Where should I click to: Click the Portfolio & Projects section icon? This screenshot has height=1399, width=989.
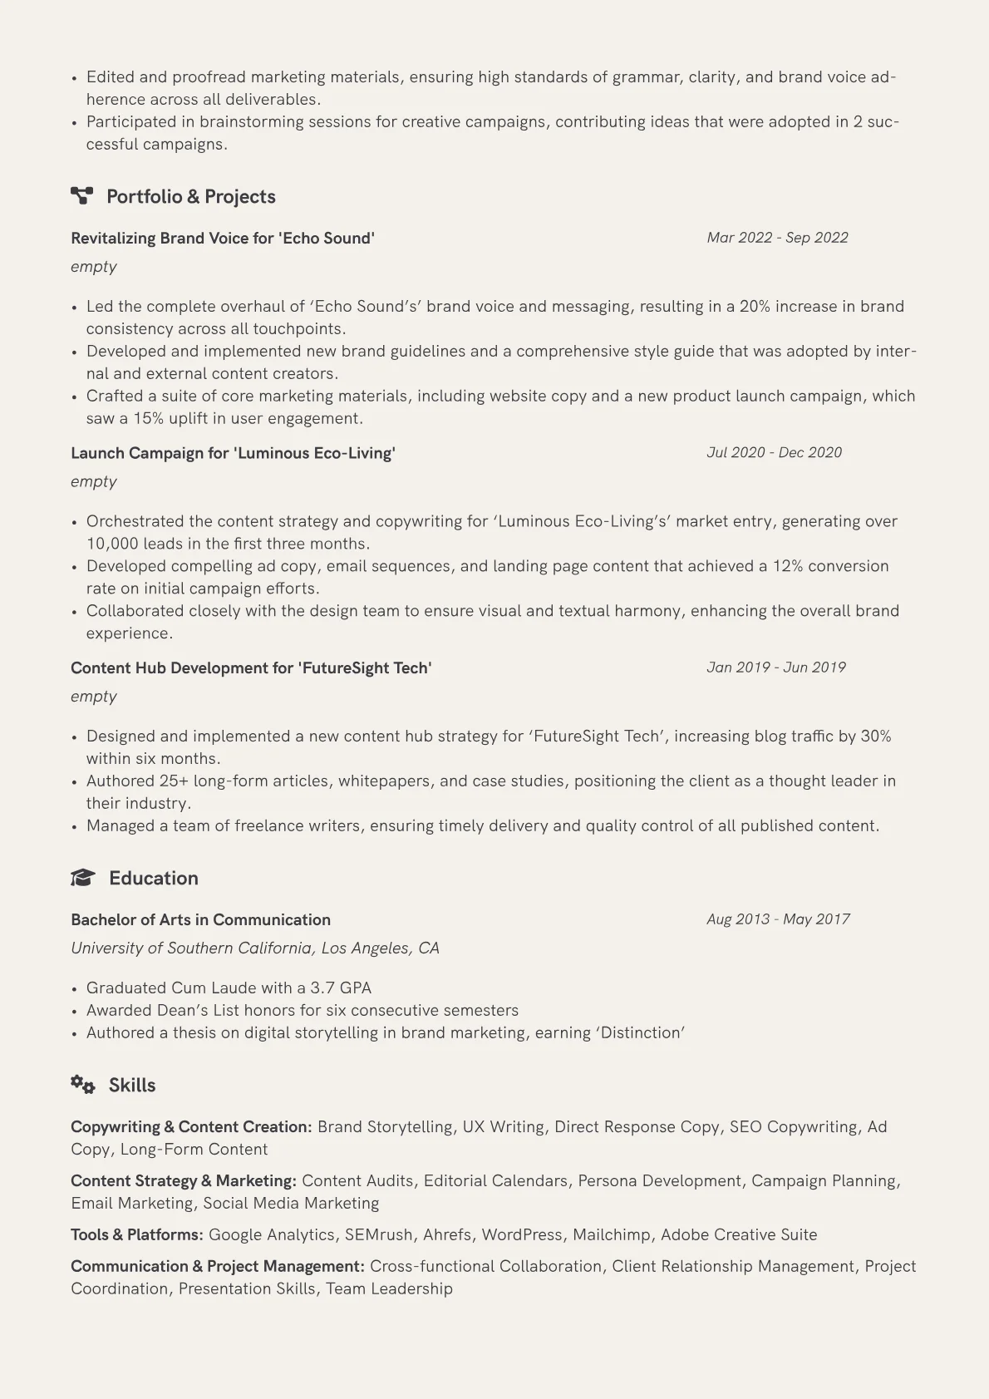click(x=81, y=196)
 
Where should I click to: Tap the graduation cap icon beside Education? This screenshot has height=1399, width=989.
click(x=82, y=878)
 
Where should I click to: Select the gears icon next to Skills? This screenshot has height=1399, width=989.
click(x=82, y=1085)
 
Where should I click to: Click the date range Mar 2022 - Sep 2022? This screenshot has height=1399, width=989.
click(x=777, y=238)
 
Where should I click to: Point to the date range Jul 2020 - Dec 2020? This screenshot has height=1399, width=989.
click(x=774, y=452)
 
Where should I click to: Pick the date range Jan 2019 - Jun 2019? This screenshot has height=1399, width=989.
click(x=775, y=667)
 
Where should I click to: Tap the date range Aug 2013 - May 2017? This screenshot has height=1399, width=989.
click(x=778, y=919)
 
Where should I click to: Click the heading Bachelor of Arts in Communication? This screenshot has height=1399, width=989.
click(x=200, y=920)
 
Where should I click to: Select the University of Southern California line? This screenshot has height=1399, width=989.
click(x=254, y=948)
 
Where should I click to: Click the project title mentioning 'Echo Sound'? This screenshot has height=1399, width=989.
click(x=223, y=239)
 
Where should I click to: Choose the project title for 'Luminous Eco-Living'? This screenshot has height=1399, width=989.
click(x=233, y=453)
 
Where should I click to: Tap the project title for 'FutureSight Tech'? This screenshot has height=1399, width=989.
click(x=251, y=668)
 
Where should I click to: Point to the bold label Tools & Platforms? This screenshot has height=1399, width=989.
click(x=137, y=1235)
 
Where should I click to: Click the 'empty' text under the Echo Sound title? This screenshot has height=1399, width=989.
click(x=93, y=267)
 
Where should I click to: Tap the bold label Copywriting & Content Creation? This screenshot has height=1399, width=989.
click(x=191, y=1127)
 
